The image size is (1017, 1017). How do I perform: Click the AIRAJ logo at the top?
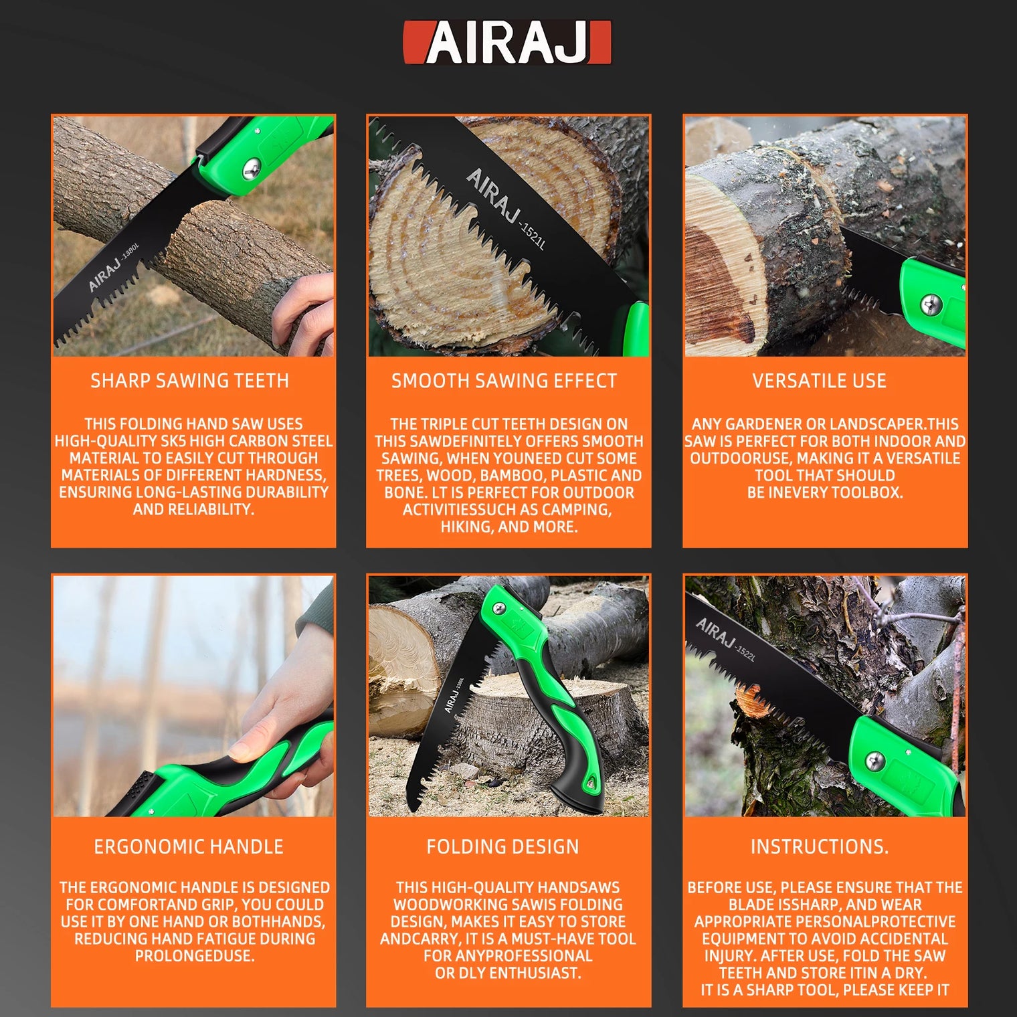[507, 43]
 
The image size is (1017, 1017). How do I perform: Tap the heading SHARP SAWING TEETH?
[190, 381]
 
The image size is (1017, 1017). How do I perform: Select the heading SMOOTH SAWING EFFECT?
[504, 381]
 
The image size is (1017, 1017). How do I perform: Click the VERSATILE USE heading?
[819, 381]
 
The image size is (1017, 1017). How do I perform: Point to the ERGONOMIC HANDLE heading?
[189, 846]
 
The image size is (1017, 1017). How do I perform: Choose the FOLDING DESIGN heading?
[502, 846]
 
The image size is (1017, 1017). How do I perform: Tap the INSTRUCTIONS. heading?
[820, 846]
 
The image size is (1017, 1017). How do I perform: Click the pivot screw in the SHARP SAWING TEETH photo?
[252, 169]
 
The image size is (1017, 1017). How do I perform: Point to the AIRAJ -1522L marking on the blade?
[725, 639]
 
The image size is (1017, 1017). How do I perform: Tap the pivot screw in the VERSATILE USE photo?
[931, 304]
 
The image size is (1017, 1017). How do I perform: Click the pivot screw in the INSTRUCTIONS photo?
[874, 761]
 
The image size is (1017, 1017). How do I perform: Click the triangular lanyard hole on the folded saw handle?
[590, 781]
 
